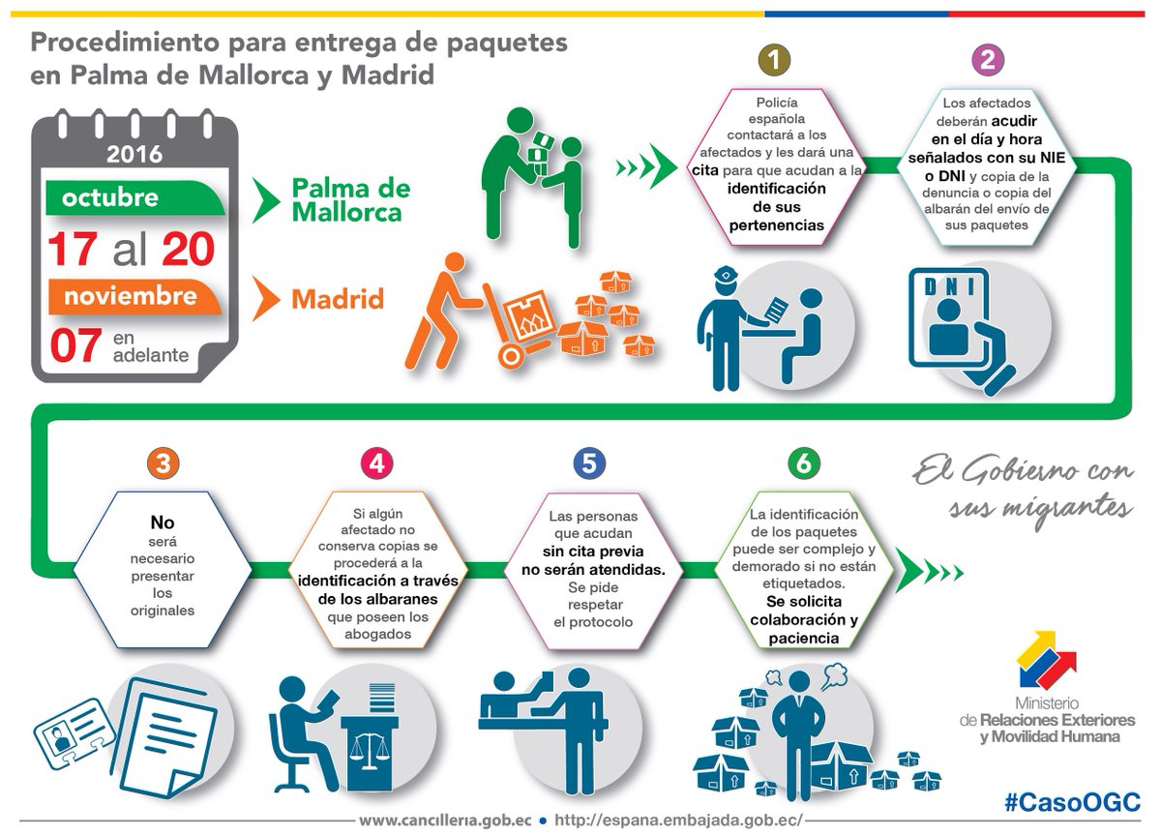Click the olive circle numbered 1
tap(774, 60)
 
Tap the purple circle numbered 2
tap(987, 60)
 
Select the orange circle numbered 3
tap(164, 463)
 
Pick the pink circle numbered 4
tap(376, 463)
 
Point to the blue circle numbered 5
tap(589, 463)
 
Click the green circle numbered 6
tap(803, 463)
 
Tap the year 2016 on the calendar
tap(134, 154)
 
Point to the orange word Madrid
tap(338, 299)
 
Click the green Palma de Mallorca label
tap(350, 199)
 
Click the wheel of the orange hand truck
tap(511, 355)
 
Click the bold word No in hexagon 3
tap(163, 523)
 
